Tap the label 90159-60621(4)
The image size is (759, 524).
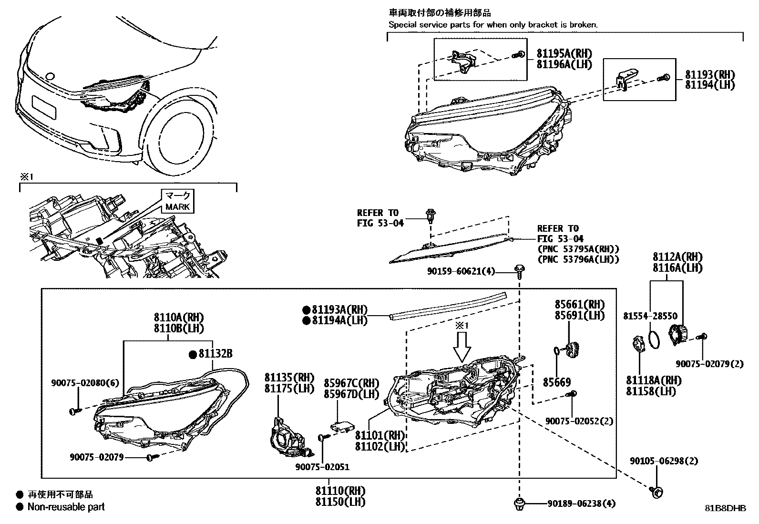(461, 271)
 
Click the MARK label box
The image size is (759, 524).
(178, 201)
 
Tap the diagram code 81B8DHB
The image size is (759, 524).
(726, 508)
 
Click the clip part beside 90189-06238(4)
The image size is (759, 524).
(519, 503)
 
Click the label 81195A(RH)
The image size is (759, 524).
(564, 54)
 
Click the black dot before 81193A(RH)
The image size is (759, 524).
(307, 309)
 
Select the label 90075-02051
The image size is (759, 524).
(322, 467)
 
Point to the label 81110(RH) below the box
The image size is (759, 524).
(339, 491)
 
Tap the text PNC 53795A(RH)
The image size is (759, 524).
(578, 249)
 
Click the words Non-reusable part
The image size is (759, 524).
(66, 507)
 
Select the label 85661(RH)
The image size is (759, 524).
(579, 304)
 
